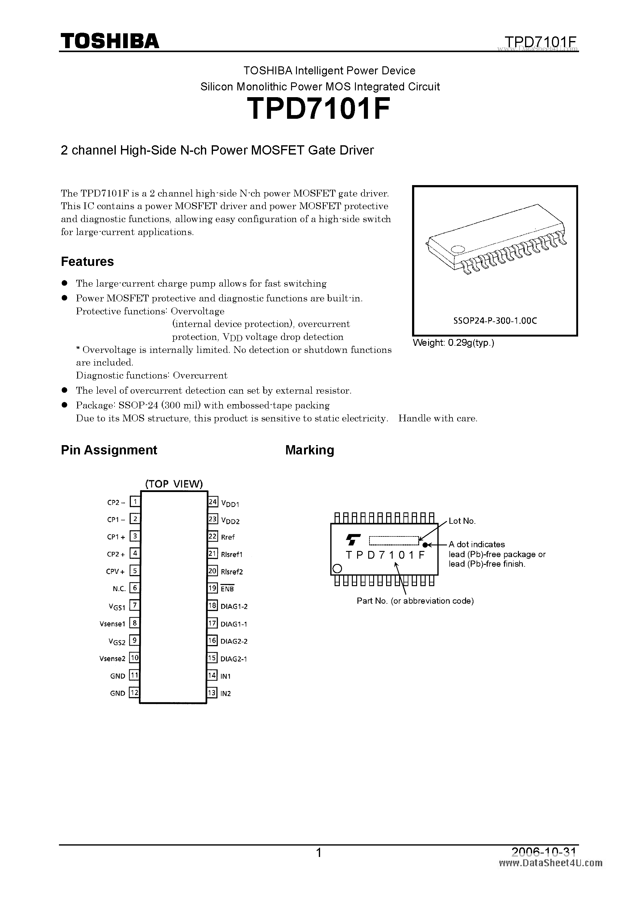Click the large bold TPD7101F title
pyautogui.click(x=319, y=109)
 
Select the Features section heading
pyautogui.click(x=87, y=262)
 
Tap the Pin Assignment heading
pyautogui.click(x=109, y=450)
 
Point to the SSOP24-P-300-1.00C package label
pyautogui.click(x=495, y=321)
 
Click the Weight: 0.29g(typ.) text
pyautogui.click(x=453, y=343)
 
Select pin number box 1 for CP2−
pyautogui.click(x=135, y=502)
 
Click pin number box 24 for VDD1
pyautogui.click(x=213, y=502)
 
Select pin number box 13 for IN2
pyautogui.click(x=212, y=693)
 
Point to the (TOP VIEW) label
pyautogui.click(x=174, y=484)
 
